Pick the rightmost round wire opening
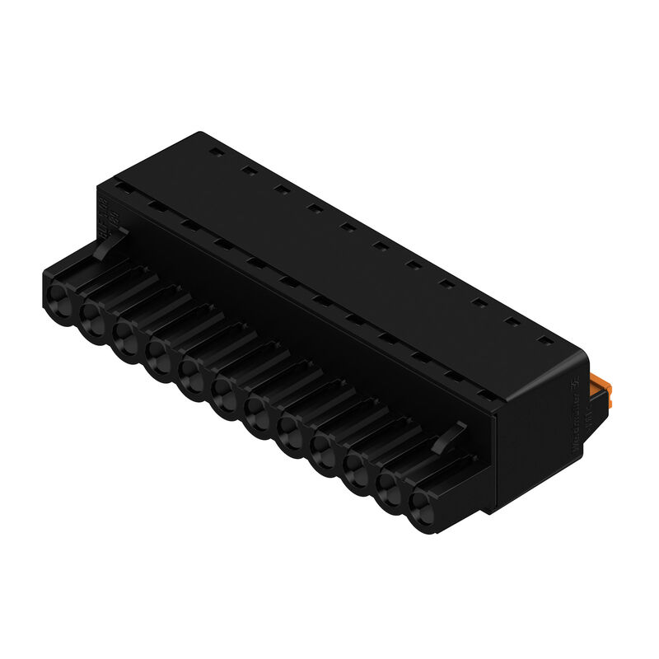coord(423,501)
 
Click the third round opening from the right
coord(357,466)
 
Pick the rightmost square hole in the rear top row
coord(544,337)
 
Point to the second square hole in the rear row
coord(246,171)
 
